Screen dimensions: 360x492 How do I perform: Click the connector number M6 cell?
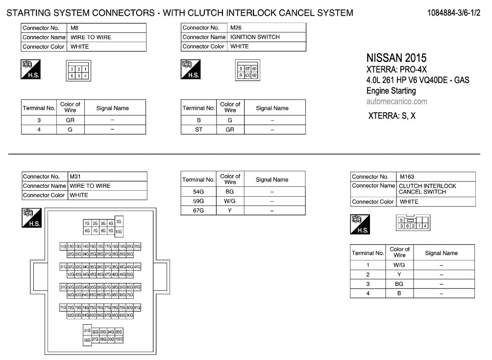coord(75,28)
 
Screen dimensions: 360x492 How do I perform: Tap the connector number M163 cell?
coord(407,177)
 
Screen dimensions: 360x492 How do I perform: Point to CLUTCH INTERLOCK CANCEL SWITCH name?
coord(427,189)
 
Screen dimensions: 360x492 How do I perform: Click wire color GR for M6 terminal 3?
coord(70,120)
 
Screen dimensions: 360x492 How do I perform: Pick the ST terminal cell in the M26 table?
coord(198,129)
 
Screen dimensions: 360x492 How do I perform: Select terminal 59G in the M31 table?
coord(198,201)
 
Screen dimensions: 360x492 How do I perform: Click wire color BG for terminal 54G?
coord(230,192)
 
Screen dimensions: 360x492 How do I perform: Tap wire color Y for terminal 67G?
coord(230,210)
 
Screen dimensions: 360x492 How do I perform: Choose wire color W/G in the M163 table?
coord(399,265)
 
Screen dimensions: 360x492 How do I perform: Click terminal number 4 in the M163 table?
coord(368,293)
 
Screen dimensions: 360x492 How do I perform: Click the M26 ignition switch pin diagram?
coord(247,73)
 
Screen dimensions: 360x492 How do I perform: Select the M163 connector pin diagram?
coord(414,223)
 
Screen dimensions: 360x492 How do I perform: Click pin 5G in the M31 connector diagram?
coord(119,221)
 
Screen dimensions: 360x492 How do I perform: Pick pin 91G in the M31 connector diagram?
coord(87,331)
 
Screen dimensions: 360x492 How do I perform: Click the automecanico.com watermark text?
coord(396,102)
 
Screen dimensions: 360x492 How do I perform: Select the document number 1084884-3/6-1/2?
coord(453,12)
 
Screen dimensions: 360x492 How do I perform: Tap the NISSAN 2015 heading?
coord(396,58)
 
